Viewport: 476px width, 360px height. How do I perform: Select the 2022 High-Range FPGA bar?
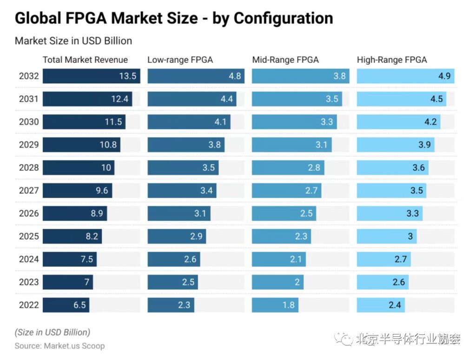point(380,305)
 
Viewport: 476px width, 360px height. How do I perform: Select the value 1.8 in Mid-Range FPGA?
point(289,305)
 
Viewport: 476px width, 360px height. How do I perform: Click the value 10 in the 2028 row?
point(106,168)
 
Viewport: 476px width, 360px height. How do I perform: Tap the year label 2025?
point(29,236)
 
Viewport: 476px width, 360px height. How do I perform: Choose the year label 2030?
point(29,122)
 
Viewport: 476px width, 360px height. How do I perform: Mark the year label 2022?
point(29,305)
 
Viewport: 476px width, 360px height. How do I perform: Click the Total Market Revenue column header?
point(85,60)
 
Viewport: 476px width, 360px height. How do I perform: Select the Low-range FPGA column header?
point(180,60)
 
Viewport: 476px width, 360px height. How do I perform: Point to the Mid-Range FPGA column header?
point(285,60)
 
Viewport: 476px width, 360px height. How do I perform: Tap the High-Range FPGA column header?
point(392,60)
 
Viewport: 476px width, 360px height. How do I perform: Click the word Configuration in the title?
point(283,19)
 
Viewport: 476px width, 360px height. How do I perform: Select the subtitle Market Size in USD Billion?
point(73,41)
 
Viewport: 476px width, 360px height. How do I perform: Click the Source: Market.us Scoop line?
point(59,346)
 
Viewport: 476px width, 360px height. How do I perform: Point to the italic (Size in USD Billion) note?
point(52,333)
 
